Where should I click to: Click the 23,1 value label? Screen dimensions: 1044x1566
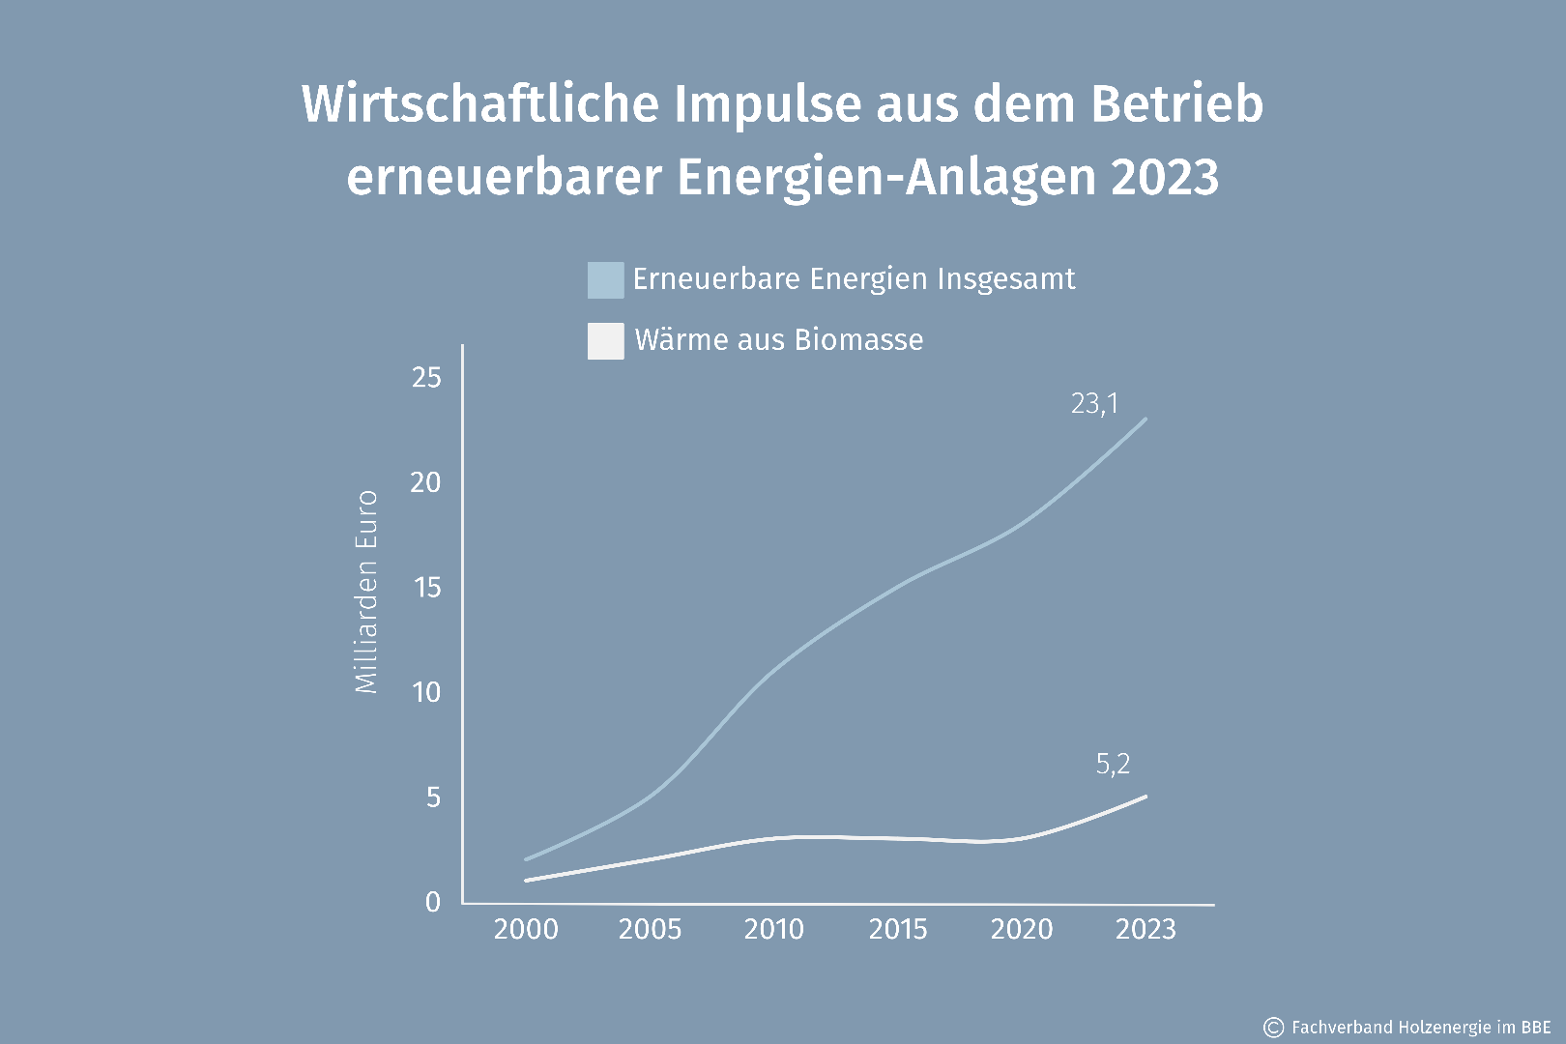[1094, 403]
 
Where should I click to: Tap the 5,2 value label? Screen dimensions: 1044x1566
[1113, 765]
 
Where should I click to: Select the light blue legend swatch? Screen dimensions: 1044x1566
[605, 279]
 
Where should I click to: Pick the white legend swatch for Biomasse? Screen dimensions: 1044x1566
[605, 341]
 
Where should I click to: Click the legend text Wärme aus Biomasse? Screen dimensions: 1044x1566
[778, 340]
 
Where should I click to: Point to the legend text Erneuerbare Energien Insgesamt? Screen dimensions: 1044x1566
[854, 279]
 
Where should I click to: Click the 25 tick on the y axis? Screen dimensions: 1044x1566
[426, 378]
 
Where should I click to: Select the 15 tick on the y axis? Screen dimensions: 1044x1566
[426, 588]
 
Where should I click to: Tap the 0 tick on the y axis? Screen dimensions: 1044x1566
[432, 902]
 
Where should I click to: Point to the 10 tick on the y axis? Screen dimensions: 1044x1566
[426, 692]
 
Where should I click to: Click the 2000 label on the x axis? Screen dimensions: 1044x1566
[526, 930]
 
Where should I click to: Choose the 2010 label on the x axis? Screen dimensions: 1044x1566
[773, 930]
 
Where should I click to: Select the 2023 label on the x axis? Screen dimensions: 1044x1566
[1145, 930]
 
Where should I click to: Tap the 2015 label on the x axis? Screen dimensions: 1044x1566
[897, 930]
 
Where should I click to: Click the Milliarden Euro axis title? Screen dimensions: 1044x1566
[366, 592]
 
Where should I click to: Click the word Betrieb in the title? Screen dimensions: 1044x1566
[1176, 104]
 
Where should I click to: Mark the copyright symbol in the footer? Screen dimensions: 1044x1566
[1274, 1027]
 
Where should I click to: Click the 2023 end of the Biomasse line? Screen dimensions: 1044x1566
[1145, 797]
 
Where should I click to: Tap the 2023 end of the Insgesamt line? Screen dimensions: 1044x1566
[1145, 419]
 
